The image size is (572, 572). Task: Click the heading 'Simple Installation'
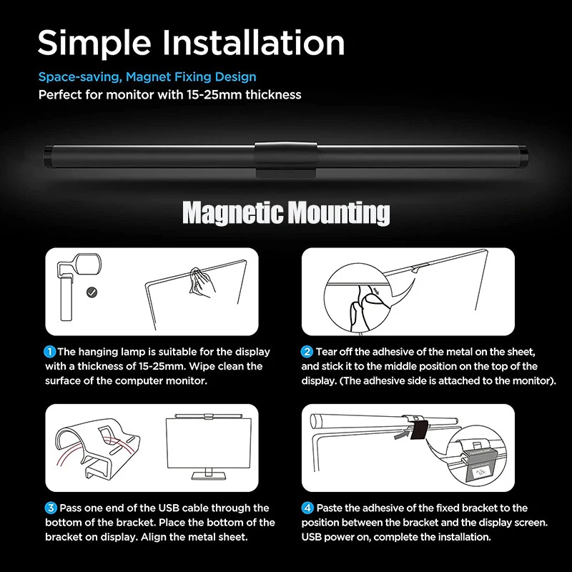(x=191, y=44)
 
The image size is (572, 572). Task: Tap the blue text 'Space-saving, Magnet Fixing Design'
(x=147, y=77)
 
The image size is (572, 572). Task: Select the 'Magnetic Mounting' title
(x=286, y=212)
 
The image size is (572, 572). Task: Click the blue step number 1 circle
(x=50, y=352)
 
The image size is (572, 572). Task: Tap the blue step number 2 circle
(x=307, y=352)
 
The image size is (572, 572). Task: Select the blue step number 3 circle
(x=50, y=508)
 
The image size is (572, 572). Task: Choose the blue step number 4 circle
(x=307, y=508)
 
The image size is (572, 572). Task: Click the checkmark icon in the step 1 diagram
(x=91, y=292)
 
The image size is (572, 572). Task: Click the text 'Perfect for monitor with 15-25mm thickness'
(x=169, y=94)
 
